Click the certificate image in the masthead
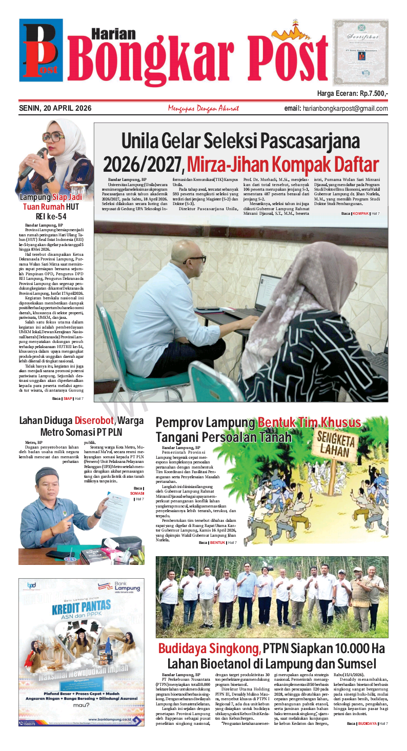click(360, 52)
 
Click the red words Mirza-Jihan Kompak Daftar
click(282, 164)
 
